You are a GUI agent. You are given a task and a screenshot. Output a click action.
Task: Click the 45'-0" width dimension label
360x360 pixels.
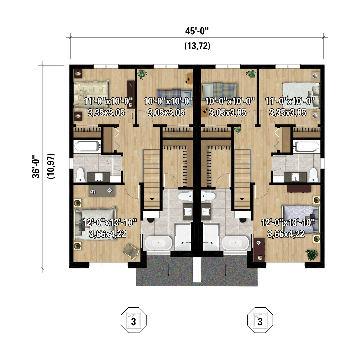[x=197, y=31]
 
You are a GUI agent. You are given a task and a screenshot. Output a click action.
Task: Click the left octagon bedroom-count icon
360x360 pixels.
[x=134, y=320]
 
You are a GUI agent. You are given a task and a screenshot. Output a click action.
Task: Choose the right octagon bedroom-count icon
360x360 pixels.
[x=260, y=320]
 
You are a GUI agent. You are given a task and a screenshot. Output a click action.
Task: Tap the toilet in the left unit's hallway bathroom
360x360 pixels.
[x=80, y=175]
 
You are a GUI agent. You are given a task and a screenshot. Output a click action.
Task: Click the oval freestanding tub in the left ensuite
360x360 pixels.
[x=158, y=243]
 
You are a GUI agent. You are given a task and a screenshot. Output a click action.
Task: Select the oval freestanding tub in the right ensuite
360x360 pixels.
[x=235, y=243]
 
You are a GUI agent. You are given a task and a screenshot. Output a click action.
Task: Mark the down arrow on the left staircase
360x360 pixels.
[x=152, y=199]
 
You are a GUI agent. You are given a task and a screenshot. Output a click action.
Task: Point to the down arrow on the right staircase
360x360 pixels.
[x=242, y=199]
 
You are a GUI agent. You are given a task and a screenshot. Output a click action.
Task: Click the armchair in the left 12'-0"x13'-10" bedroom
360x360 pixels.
[x=131, y=251]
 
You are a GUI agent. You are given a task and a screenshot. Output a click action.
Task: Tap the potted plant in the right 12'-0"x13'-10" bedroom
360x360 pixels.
[x=312, y=255]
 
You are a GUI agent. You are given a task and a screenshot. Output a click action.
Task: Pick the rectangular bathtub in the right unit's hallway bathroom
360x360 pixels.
[x=306, y=146]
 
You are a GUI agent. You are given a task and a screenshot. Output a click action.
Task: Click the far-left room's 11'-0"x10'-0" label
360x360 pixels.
[x=108, y=101]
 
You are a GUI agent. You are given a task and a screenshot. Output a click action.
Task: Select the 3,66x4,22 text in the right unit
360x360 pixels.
[x=286, y=234]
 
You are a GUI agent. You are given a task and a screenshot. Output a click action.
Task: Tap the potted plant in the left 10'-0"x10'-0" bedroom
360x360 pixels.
[x=142, y=74]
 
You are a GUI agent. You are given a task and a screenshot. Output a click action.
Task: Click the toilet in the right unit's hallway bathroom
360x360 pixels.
[x=313, y=175]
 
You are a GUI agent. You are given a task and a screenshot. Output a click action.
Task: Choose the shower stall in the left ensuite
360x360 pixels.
[x=183, y=236]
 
